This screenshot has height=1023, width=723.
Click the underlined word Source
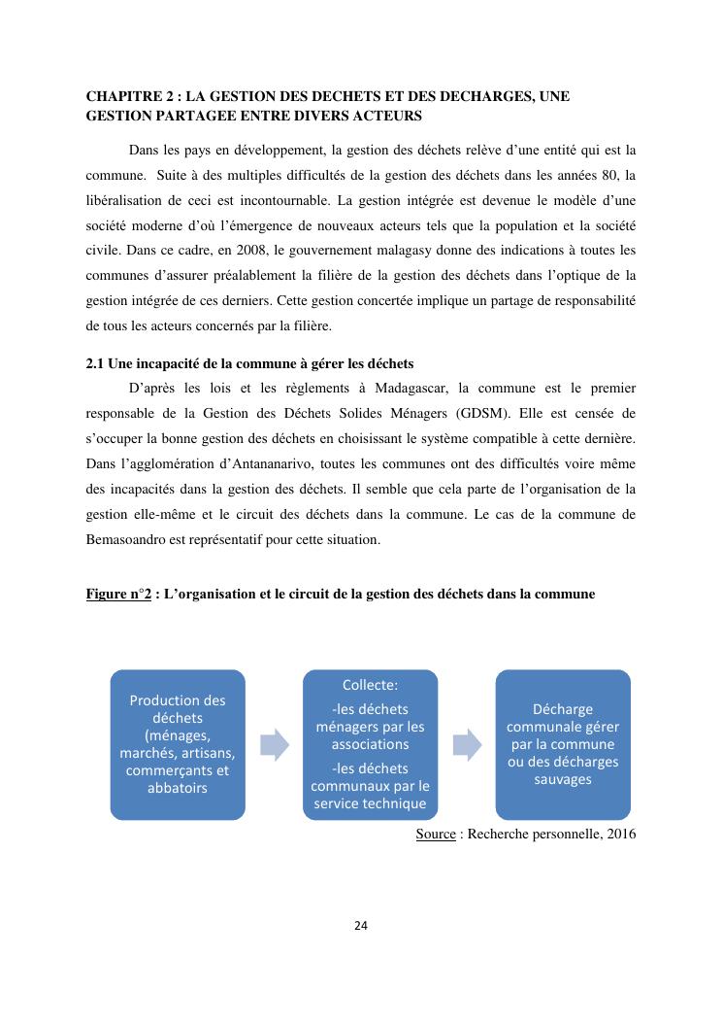(436, 834)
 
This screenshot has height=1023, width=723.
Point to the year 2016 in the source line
(620, 834)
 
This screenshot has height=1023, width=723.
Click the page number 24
(361, 925)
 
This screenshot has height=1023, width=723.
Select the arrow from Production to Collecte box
(276, 744)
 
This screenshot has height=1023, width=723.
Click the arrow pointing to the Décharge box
(468, 744)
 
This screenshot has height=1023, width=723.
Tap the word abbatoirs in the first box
(177, 788)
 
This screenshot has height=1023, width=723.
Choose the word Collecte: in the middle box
(370, 684)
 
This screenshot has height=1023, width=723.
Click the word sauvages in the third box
(563, 779)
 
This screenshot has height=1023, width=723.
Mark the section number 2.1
(95, 364)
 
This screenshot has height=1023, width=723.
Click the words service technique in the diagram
(370, 803)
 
